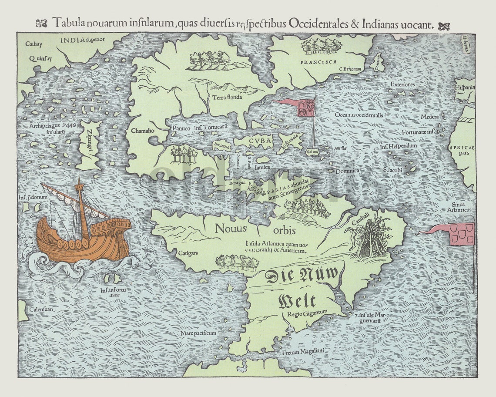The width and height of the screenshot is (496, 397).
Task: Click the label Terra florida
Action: (x=227, y=97)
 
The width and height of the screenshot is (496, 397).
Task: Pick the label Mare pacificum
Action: (x=198, y=333)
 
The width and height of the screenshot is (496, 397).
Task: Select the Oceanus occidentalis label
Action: (x=359, y=115)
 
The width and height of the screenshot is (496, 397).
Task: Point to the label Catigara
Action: (x=188, y=252)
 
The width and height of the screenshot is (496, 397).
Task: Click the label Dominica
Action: (x=347, y=171)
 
